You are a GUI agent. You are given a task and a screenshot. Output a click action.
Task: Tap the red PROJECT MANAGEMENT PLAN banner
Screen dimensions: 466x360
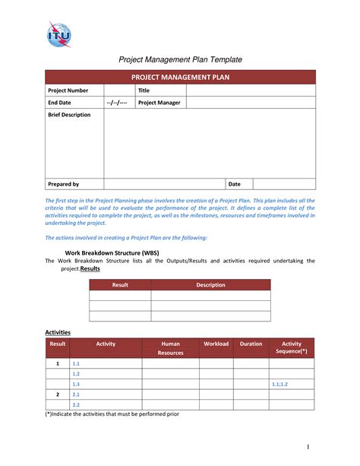click(180, 77)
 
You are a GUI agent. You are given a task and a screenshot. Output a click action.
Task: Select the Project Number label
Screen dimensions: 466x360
click(68, 90)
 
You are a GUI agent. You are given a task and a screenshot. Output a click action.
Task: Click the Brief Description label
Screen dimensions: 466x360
click(69, 115)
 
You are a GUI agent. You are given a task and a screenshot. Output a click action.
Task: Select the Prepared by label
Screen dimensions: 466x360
click(64, 184)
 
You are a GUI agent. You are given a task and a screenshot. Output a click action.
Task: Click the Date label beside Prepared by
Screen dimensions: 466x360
click(234, 184)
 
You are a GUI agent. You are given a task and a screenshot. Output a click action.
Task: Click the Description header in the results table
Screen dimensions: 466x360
click(210, 285)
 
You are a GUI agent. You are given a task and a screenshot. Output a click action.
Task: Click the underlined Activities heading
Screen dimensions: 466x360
click(58, 332)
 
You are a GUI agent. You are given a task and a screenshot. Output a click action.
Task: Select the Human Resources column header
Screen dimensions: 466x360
click(170, 348)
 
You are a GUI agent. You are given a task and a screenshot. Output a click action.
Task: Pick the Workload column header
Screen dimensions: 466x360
click(216, 344)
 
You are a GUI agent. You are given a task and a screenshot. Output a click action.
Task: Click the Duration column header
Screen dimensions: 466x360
click(251, 344)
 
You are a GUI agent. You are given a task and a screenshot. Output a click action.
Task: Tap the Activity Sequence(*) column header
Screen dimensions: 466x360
click(292, 348)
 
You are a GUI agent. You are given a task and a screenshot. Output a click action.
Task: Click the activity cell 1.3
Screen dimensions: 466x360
click(76, 385)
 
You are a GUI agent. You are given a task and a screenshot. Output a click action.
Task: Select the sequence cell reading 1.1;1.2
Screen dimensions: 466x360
click(279, 385)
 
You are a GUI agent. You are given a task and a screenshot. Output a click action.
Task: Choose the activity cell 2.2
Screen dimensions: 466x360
click(76, 405)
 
